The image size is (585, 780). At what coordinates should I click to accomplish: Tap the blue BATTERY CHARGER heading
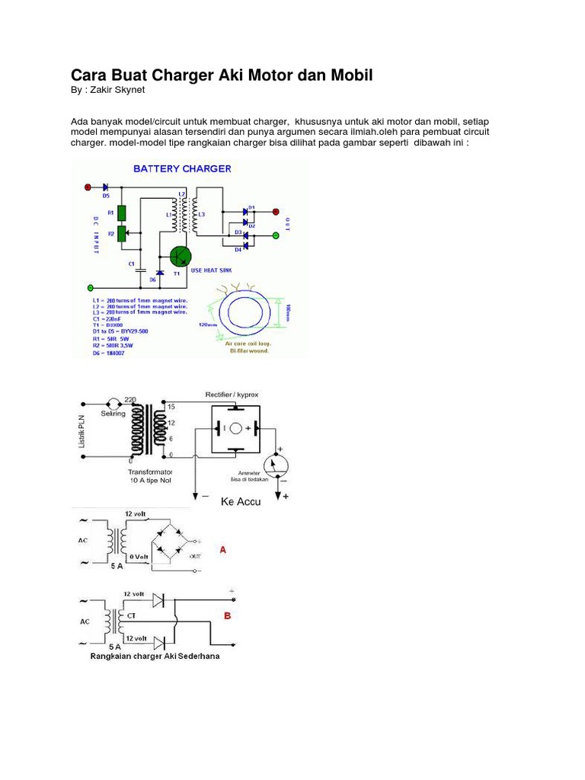tap(182, 168)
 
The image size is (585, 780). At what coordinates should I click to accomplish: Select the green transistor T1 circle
tap(181, 257)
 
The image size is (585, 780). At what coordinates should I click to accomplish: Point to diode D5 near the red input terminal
tap(105, 187)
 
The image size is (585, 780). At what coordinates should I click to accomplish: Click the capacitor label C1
tap(131, 262)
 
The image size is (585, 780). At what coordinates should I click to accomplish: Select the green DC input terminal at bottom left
tap(91, 288)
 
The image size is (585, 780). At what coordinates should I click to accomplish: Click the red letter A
tap(222, 549)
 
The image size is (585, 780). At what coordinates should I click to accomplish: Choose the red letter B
tap(225, 615)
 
